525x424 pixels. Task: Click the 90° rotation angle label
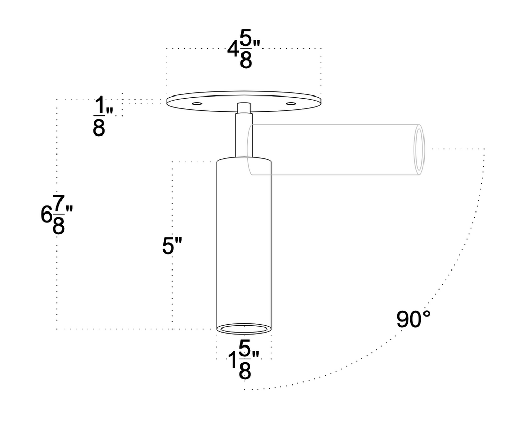(x=413, y=320)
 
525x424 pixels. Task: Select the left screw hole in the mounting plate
(x=195, y=104)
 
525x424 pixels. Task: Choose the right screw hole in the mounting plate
(x=292, y=104)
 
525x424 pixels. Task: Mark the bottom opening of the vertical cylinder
(x=244, y=329)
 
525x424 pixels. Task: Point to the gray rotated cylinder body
(x=333, y=150)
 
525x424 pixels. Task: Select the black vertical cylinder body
(x=244, y=241)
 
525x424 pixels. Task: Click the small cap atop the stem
(x=244, y=108)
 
